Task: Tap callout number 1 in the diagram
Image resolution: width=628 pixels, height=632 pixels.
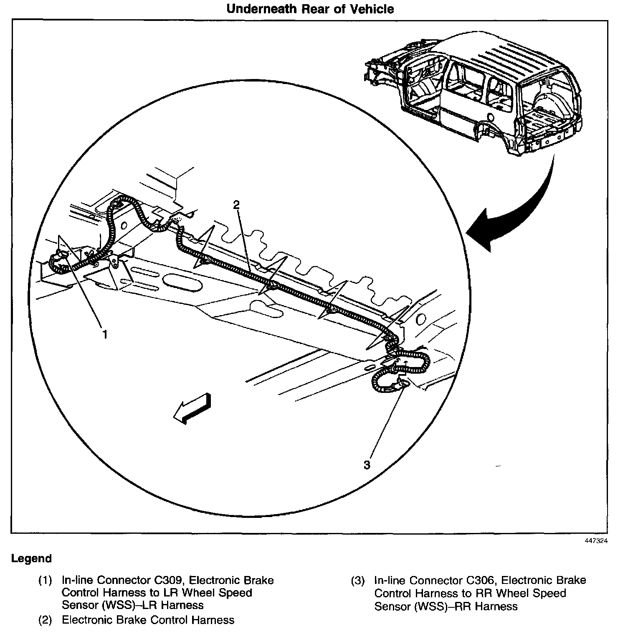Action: [x=105, y=334]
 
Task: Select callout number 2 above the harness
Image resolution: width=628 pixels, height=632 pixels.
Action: [x=236, y=204]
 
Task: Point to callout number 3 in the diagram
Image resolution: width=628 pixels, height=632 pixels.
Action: [x=367, y=465]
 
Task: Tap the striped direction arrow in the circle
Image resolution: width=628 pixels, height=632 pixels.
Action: [x=193, y=408]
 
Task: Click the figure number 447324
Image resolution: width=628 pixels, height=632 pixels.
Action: [x=596, y=540]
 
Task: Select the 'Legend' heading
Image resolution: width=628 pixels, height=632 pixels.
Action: [x=31, y=558]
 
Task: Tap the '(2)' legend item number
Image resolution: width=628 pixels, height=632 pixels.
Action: [x=45, y=620]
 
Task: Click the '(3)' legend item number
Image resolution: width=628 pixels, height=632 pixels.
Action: [x=357, y=581]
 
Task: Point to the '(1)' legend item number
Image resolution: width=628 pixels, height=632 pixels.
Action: [x=45, y=581]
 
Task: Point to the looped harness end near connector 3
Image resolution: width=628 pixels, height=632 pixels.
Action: [x=399, y=372]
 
